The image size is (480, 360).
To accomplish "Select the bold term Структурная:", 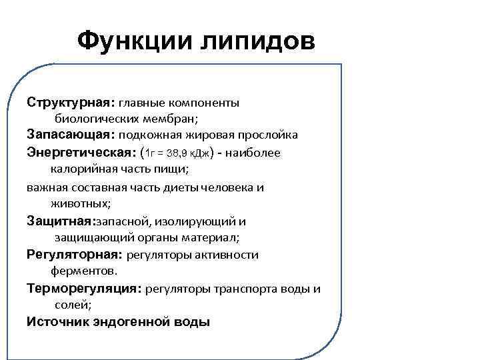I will pos(71,103).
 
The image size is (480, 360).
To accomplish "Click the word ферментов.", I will pos(83,271).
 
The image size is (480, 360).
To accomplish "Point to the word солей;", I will pos(72,305).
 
